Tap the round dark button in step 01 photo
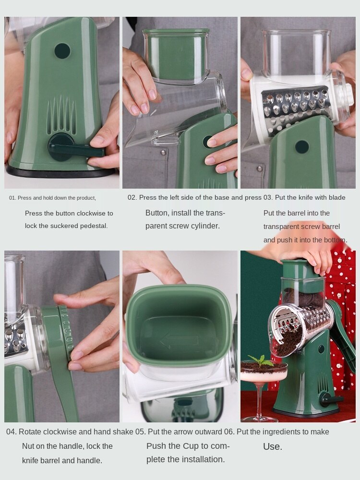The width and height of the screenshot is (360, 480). (62, 51)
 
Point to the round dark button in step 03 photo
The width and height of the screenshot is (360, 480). (302, 147)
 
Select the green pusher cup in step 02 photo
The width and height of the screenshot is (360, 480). (177, 55)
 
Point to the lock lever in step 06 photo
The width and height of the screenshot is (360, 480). (331, 398)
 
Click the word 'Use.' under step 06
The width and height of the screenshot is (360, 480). (273, 447)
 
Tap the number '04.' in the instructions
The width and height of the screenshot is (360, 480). (12, 432)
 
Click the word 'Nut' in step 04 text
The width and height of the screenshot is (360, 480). (29, 446)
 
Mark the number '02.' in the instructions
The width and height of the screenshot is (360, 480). (132, 197)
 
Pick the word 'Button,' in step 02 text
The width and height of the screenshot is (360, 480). (156, 213)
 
